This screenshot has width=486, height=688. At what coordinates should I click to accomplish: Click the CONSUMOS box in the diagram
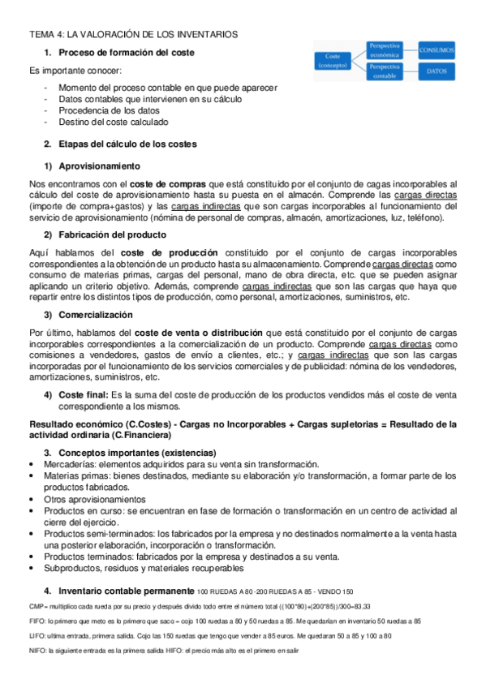(437, 50)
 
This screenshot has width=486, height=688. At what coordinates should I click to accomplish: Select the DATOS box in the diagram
(437, 71)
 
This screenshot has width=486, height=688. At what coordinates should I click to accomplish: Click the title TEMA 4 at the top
(134, 35)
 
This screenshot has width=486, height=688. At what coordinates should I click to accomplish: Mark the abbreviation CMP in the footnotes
(37, 606)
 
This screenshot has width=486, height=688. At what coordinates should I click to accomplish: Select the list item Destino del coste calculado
(113, 122)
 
